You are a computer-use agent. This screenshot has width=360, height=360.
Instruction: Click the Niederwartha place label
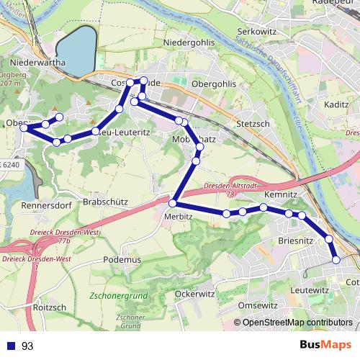(35, 63)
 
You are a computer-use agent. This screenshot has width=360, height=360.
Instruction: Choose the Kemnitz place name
(280, 195)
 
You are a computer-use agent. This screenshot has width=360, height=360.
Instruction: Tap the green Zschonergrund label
(120, 296)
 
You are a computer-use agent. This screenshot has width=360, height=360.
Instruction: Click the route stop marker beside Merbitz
(173, 202)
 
